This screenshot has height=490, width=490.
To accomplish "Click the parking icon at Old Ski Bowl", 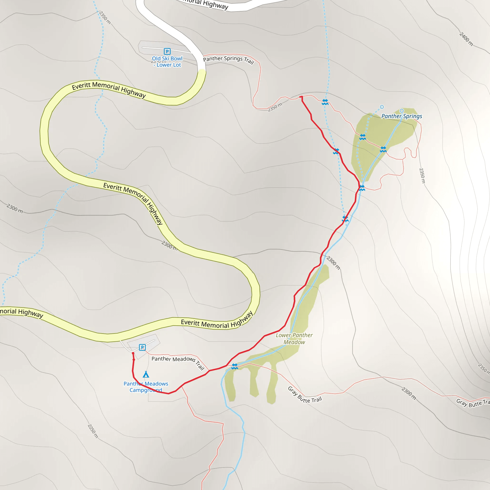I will click(x=167, y=51).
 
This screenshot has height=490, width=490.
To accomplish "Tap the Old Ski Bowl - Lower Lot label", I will click(x=167, y=62).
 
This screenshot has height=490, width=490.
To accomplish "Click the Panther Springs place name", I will click(x=402, y=116).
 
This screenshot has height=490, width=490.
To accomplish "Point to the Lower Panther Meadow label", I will click(x=294, y=339).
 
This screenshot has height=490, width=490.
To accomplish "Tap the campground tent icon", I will click(x=146, y=374).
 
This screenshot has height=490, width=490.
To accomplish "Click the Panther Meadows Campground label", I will click(x=146, y=387).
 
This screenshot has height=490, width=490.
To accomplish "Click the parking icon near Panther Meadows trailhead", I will click(x=142, y=347).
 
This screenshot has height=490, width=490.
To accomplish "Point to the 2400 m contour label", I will click(x=466, y=39).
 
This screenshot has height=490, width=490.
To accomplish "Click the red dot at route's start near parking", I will click(x=133, y=353).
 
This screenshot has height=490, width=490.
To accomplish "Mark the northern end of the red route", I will click(x=301, y=97).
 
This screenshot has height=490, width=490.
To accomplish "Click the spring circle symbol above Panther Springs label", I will click(x=401, y=111).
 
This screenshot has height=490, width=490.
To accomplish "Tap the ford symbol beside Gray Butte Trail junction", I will click(x=235, y=366).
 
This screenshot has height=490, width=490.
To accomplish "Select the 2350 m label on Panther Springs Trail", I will click(x=275, y=107).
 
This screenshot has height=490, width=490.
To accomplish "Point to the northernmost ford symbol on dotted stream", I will click(x=325, y=102).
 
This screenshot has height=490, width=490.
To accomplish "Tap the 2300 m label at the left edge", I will click(x=15, y=208).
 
